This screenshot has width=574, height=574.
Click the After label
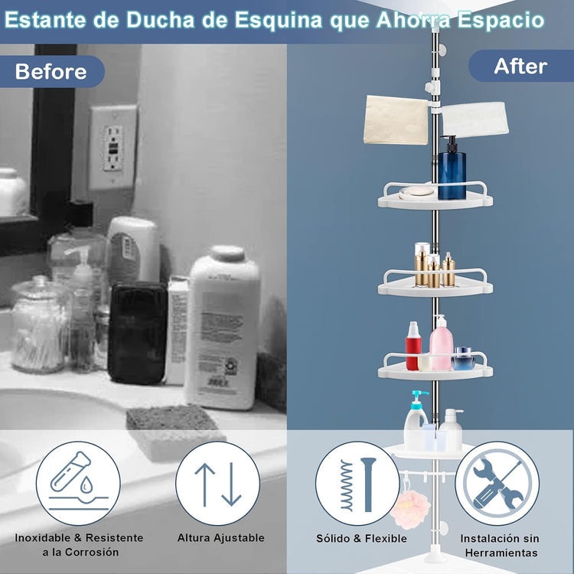(x=520, y=66)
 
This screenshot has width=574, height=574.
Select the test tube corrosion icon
(x=77, y=484)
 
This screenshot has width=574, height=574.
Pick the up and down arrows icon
(x=218, y=484)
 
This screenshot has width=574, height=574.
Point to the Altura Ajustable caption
(x=220, y=538)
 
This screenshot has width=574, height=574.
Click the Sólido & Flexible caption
(x=361, y=538)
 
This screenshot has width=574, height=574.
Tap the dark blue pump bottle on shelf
(x=452, y=168)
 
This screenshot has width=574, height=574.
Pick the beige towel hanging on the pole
(x=396, y=118)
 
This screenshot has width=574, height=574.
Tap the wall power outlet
(x=113, y=147)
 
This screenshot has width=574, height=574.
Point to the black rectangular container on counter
(x=137, y=332)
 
